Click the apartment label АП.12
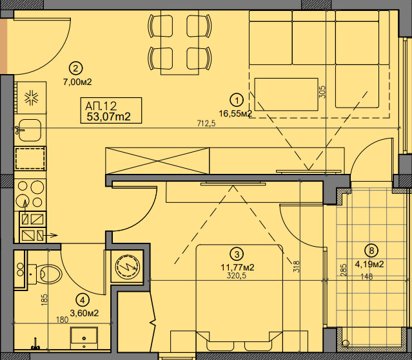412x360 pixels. click(x=101, y=106)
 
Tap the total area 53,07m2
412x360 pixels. click(x=108, y=117)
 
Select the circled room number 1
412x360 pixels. click(x=237, y=100)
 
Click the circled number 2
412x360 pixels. click(x=75, y=68)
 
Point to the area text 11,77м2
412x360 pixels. click(x=237, y=267)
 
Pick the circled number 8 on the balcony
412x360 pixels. click(x=371, y=251)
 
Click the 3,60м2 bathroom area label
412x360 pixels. click(x=84, y=313)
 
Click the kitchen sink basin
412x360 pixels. click(x=30, y=130)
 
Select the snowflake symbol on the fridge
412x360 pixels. click(x=32, y=98)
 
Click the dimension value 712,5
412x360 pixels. click(x=206, y=123)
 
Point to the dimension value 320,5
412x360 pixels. click(x=237, y=276)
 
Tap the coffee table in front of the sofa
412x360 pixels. click(x=286, y=94)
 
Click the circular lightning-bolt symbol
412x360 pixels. click(x=128, y=267)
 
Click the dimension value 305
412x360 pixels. click(x=323, y=92)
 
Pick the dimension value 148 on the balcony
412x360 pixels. click(x=367, y=276)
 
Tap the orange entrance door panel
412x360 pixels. click(x=3, y=46)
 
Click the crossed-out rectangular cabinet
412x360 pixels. click(x=157, y=161)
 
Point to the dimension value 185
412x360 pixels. click(x=44, y=299)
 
